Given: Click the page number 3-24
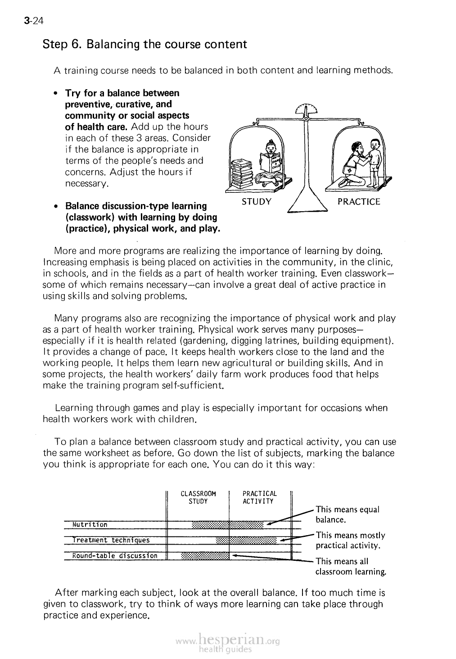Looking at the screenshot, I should tap(33, 21).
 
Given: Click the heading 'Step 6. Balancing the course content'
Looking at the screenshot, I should tap(144, 45).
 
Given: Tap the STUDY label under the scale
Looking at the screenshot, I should tap(257, 201).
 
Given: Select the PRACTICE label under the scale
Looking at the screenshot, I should tap(359, 201).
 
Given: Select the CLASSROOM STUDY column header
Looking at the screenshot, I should tap(198, 497).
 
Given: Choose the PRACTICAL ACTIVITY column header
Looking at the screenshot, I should tap(260, 497).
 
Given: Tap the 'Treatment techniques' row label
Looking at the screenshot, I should tap(111, 540).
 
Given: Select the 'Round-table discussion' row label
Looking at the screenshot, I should tap(115, 555).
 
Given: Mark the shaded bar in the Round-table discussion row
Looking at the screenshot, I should tap(205, 555).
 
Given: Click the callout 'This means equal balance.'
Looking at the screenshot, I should tap(348, 514).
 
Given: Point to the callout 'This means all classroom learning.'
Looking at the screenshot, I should tap(351, 567).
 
